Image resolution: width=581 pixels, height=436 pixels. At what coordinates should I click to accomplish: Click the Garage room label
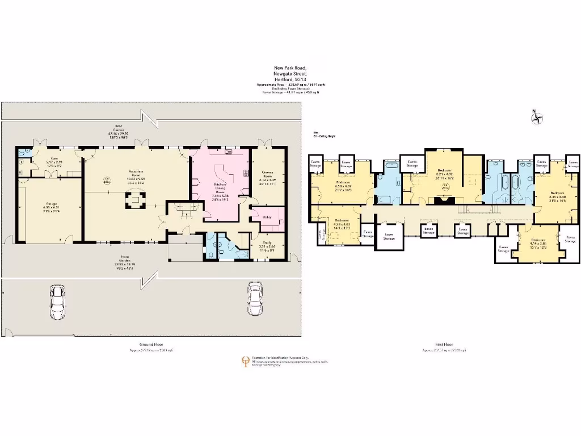tap(39, 207)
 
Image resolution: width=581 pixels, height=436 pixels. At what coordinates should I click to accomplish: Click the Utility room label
tap(263, 217)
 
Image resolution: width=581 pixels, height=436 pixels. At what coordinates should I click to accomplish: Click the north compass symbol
tap(536, 118)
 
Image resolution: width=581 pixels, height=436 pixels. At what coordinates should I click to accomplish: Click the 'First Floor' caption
tap(444, 344)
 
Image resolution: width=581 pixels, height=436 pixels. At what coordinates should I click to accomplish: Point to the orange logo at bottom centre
tap(245, 361)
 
